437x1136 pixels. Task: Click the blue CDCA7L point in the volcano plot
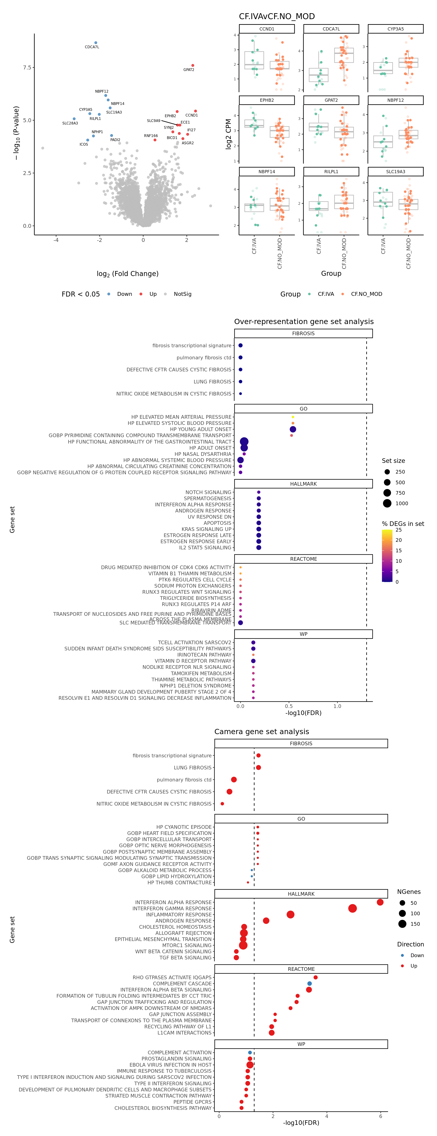tap(96, 43)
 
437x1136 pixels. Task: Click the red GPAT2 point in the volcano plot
tap(193, 65)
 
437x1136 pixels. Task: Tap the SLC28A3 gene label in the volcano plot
tap(70, 124)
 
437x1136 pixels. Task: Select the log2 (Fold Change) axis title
tap(127, 274)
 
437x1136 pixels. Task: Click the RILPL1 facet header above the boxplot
tap(331, 172)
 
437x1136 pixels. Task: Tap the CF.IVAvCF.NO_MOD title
tap(277, 16)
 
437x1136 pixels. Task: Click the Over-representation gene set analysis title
tap(304, 322)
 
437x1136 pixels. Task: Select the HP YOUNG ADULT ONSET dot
tap(293, 429)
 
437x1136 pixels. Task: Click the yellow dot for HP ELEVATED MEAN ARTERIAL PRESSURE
tap(293, 417)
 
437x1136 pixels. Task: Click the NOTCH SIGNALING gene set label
tap(208, 492)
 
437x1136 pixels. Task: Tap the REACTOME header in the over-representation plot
tap(303, 559)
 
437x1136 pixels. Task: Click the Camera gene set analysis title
tap(262, 732)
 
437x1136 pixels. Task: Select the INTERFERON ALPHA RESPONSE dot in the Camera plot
tap(380, 902)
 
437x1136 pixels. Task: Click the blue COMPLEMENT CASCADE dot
tap(310, 983)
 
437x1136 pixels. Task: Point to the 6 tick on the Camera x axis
tap(381, 1116)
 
